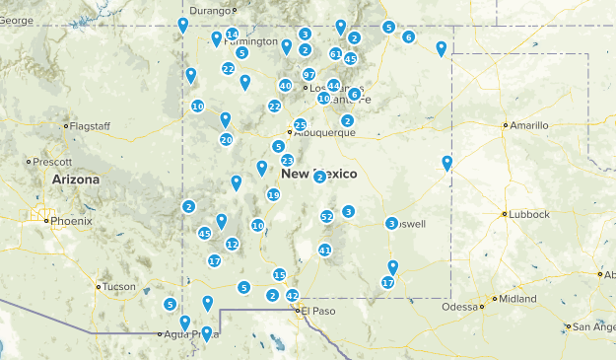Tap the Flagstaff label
coord(89,125)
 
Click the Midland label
coord(518,298)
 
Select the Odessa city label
coord(458,306)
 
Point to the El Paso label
coord(318,312)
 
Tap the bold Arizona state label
coord(77,180)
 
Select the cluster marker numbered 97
coord(308,75)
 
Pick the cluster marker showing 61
coord(336,54)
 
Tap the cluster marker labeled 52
coord(327,216)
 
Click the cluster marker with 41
coord(324,250)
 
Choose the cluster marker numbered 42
coord(292,295)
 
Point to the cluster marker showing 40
coord(285,86)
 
